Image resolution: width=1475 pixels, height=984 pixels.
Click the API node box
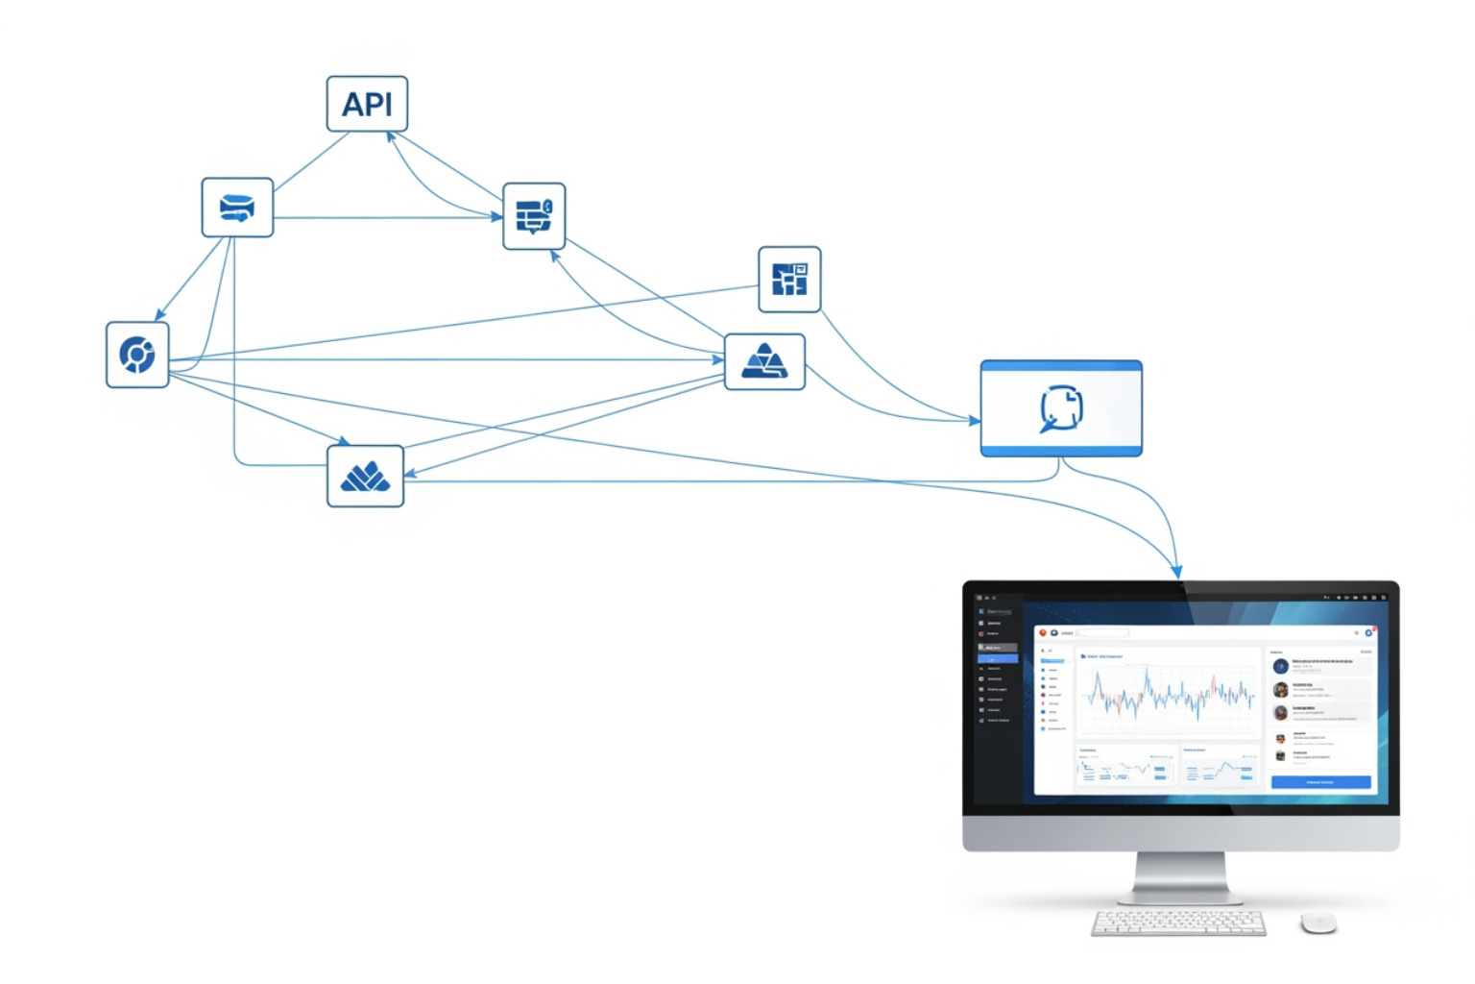[x=367, y=104]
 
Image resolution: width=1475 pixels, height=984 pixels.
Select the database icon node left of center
[x=237, y=208]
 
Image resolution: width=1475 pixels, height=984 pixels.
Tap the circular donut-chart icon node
[x=137, y=355]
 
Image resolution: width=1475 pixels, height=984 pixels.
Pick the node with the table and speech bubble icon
[x=534, y=216]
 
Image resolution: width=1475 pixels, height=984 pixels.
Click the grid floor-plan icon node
[x=789, y=280]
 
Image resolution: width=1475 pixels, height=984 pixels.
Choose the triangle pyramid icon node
[x=764, y=362]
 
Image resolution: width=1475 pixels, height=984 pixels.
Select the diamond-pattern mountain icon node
[x=365, y=476]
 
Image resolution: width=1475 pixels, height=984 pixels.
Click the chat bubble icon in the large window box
[x=1061, y=408]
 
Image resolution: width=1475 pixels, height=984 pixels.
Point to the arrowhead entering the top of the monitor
[x=1177, y=572]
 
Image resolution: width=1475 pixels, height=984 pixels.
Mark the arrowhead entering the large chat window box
[x=974, y=420]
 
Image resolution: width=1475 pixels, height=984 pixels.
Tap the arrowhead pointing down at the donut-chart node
[x=160, y=314]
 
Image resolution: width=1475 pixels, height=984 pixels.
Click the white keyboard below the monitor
[x=1178, y=922]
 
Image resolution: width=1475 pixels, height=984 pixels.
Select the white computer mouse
[x=1318, y=922]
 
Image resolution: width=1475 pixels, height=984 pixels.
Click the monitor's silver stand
[x=1180, y=877]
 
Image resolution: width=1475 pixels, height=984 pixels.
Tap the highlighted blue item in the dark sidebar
[x=997, y=658]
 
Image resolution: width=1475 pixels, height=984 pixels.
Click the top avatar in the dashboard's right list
[x=1280, y=666]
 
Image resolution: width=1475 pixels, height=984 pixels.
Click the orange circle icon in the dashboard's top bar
[x=1043, y=632]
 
